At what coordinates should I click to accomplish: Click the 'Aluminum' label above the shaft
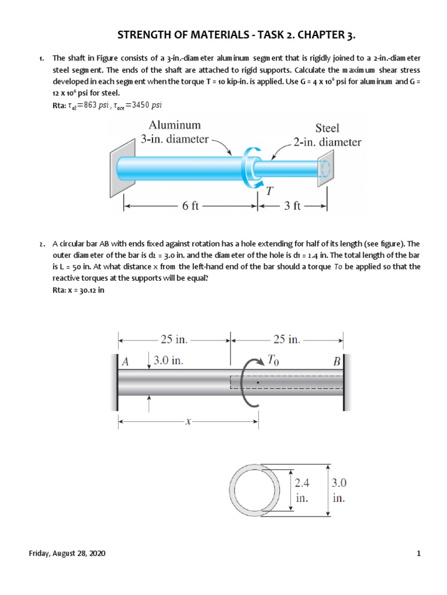click(x=175, y=125)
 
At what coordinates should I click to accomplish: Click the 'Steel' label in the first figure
click(x=327, y=128)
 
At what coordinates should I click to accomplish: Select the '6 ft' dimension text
click(x=190, y=206)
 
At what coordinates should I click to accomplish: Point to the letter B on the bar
click(x=336, y=361)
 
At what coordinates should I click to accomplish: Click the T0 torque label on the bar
click(x=272, y=361)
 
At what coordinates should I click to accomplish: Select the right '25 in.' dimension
click(x=287, y=339)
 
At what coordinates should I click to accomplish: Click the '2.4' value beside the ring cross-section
click(x=302, y=482)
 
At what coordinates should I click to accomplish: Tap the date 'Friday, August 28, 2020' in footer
click(x=68, y=554)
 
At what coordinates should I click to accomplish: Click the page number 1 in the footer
click(x=418, y=554)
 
